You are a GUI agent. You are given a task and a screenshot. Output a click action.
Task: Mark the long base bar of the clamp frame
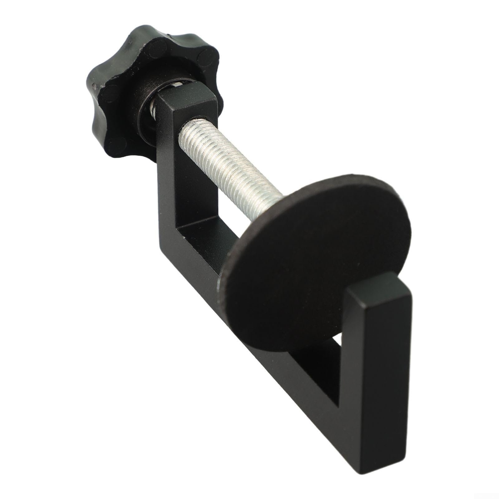click(x=281, y=374)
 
